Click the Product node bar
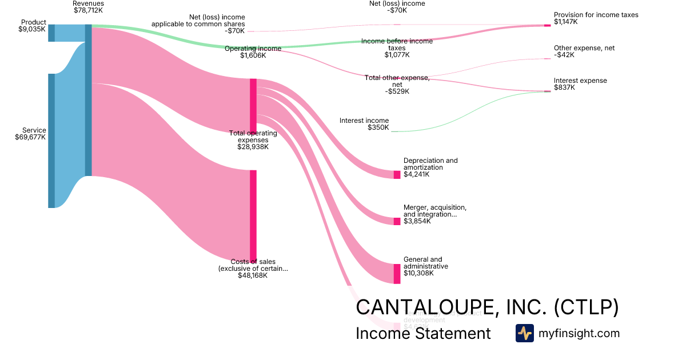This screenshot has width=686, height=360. [51, 33]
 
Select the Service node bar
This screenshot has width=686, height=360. [51, 141]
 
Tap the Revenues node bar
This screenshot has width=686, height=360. [88, 100]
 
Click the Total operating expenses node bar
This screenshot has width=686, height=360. [253, 106]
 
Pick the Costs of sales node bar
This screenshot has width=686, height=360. [253, 215]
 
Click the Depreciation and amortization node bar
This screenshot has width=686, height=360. [397, 174]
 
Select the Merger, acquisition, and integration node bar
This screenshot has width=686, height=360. [397, 221]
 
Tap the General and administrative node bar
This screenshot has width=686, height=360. [397, 274]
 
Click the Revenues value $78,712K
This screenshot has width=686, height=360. [89, 10]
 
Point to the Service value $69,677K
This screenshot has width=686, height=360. [31, 137]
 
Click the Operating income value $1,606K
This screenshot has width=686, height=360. [253, 56]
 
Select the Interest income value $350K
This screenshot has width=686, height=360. [378, 127]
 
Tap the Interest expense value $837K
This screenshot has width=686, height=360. [565, 87]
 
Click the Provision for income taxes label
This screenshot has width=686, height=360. [596, 15]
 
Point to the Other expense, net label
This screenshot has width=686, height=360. [584, 48]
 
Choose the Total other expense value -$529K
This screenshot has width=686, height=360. [397, 91]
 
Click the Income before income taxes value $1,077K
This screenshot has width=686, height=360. [397, 55]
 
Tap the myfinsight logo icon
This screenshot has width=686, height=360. [524, 333]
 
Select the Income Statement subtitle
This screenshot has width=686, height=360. [423, 333]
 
